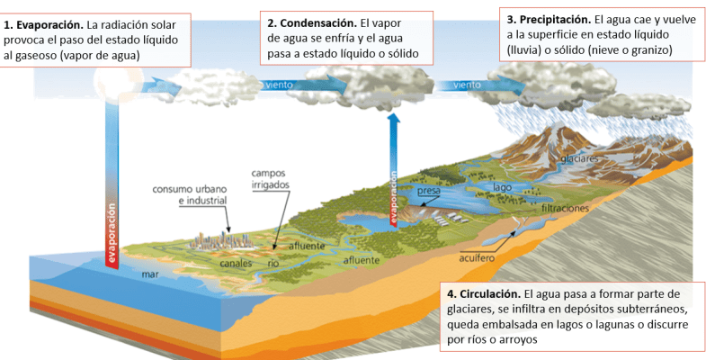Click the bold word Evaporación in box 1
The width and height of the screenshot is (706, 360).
(x=46, y=25)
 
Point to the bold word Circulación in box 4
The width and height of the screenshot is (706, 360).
(x=491, y=294)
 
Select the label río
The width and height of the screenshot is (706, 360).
(x=275, y=265)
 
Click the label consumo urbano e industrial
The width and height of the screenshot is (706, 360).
(x=194, y=194)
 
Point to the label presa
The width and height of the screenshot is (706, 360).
(x=429, y=192)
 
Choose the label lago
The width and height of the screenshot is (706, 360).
(x=502, y=187)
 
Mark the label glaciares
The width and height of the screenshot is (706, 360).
(x=579, y=158)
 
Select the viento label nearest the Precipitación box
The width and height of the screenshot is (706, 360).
(x=467, y=85)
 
